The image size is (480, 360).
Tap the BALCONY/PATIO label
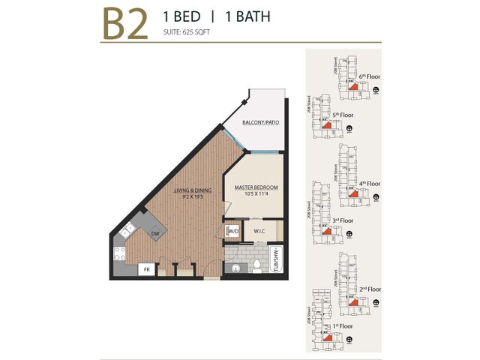(262, 122)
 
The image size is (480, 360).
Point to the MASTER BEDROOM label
(256, 187)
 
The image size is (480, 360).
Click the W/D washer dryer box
(232, 231)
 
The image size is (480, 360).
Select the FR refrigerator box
(148, 268)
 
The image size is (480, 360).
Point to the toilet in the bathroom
(255, 265)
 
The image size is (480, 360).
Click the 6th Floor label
(371, 76)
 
